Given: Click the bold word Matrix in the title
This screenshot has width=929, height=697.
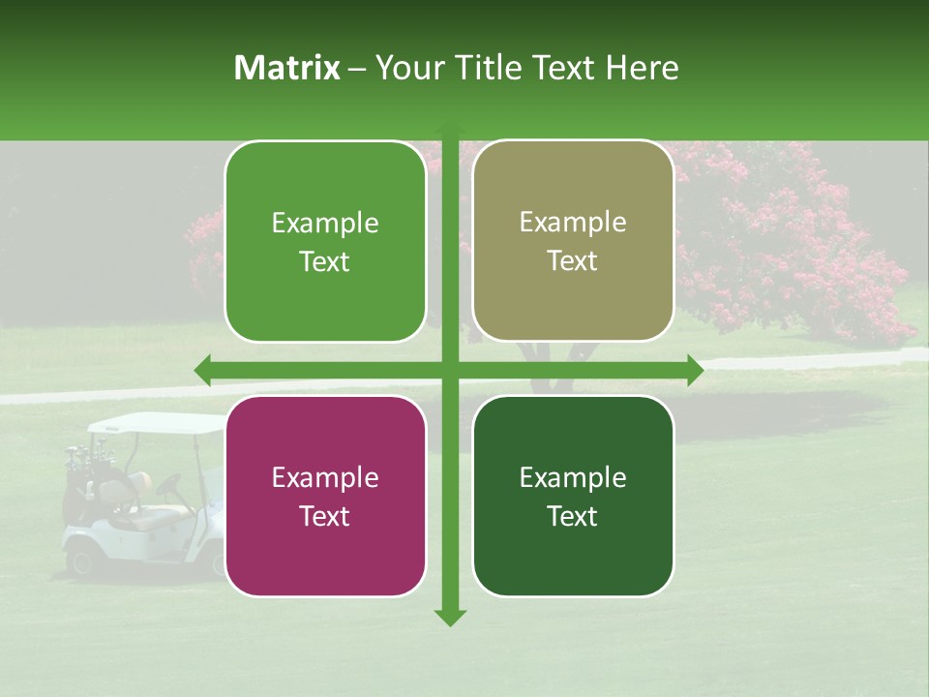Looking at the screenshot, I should click(x=287, y=68).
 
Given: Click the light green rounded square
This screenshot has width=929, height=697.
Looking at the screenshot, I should click(x=325, y=241).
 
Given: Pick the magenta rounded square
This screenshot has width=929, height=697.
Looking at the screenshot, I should click(x=325, y=496).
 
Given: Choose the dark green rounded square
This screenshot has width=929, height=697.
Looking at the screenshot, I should click(x=573, y=496).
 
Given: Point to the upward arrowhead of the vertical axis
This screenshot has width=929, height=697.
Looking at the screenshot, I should click(x=450, y=129).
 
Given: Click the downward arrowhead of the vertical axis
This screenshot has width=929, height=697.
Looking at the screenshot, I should click(x=450, y=617).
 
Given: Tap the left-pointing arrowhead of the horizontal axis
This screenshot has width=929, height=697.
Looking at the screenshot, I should click(x=202, y=370).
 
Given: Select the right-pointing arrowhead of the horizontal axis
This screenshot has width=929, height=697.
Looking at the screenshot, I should click(x=695, y=370).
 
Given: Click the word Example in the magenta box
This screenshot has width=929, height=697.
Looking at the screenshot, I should click(x=325, y=477).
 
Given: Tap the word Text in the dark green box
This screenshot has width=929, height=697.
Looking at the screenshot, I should click(x=573, y=516).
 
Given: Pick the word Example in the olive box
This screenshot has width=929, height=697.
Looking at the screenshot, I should click(x=573, y=222).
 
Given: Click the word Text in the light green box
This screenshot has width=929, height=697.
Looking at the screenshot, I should click(x=325, y=261).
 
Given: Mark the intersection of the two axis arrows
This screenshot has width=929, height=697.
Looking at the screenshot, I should click(x=450, y=370).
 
